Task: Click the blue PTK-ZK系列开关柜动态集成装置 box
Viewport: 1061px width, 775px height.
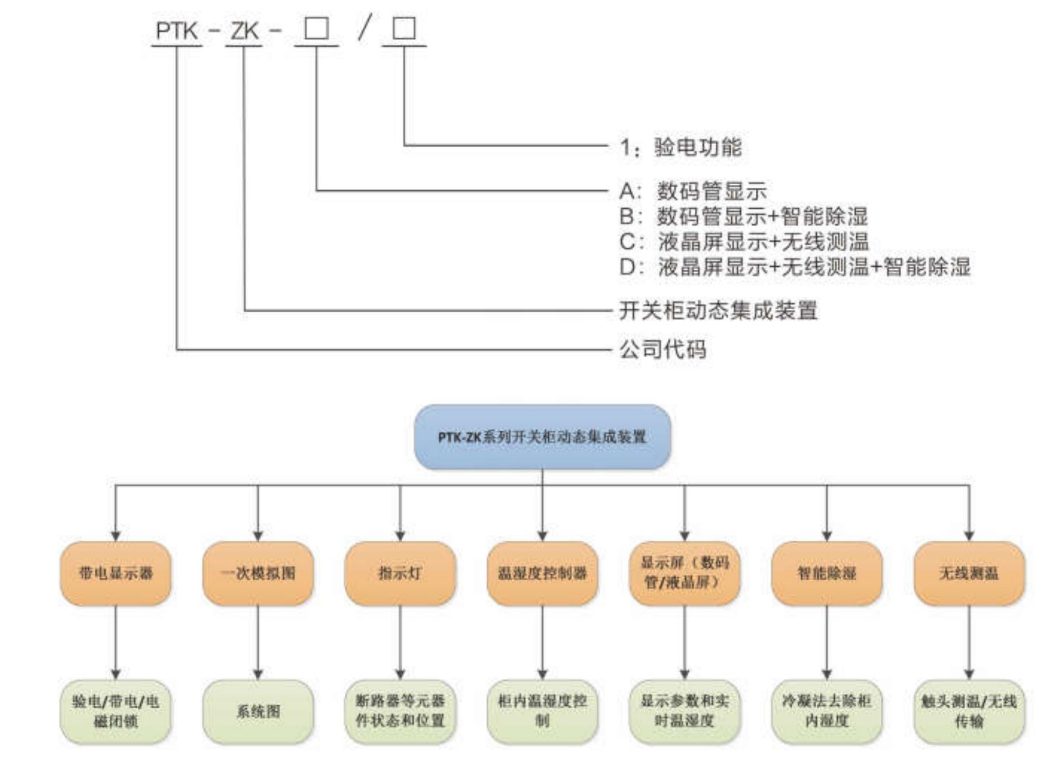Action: coord(542,437)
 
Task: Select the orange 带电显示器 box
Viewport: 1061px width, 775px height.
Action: coord(116,573)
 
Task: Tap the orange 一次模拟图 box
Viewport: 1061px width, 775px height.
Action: coord(258,573)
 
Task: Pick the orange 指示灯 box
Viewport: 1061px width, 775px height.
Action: coord(400,573)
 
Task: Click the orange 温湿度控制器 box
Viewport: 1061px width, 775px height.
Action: coord(542,573)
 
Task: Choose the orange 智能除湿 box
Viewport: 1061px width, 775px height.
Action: coord(827,573)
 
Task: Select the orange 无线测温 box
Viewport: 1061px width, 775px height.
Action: coord(969,573)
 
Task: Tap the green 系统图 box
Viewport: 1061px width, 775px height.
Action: coord(258,712)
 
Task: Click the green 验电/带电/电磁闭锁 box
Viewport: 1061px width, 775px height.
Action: coord(116,712)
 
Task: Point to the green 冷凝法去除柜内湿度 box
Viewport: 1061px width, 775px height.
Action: coord(827,712)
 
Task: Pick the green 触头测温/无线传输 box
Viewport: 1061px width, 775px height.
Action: coord(969,712)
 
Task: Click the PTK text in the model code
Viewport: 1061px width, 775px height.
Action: coord(177,31)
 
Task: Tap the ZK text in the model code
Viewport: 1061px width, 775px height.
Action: coord(244,31)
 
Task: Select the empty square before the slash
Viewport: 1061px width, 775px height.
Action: coord(317,28)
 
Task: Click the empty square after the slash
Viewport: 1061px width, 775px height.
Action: coord(404,28)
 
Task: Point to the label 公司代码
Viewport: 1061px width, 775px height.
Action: coord(663,350)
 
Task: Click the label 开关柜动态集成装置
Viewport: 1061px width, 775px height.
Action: coord(718,310)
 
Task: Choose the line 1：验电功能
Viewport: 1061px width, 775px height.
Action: coord(681,147)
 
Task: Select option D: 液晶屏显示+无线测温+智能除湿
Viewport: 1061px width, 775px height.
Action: coord(795,267)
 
